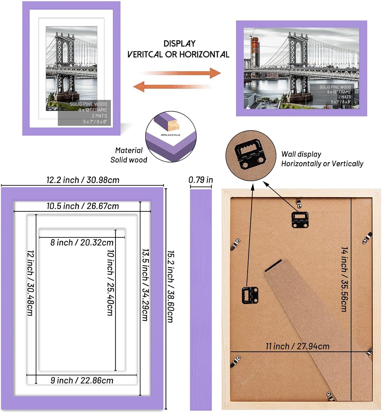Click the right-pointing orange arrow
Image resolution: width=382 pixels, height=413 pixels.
[x=182, y=73]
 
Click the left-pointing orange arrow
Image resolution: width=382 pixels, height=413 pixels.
[x=174, y=86]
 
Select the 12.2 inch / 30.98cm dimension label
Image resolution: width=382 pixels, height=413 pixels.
[x=83, y=180]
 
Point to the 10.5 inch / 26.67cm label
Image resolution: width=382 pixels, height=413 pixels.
[x=83, y=206]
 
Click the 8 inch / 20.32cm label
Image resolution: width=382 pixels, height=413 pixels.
[x=82, y=243]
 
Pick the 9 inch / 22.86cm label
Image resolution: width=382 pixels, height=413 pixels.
[x=82, y=381]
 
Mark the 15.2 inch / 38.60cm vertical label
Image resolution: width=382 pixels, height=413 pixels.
[x=170, y=286]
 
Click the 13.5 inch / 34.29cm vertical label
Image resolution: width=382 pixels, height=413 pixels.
[x=145, y=285]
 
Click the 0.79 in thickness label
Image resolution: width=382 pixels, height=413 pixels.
[x=201, y=180]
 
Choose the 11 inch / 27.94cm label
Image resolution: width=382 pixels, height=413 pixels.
[x=297, y=346]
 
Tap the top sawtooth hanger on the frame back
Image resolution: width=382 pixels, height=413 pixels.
[x=300, y=219]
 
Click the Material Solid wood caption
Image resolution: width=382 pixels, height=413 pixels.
[x=129, y=155]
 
